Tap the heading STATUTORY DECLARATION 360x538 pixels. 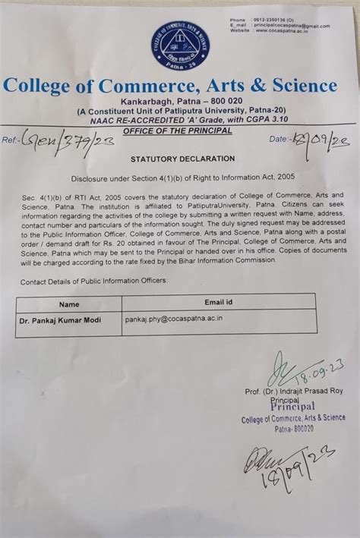pyautogui.click(x=182, y=159)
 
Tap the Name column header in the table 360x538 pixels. pyautogui.click(x=69, y=304)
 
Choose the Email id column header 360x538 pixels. pyautogui.click(x=219, y=303)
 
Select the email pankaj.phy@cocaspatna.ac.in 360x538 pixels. pyautogui.click(x=174, y=319)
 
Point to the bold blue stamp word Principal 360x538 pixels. pyautogui.click(x=292, y=407)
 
